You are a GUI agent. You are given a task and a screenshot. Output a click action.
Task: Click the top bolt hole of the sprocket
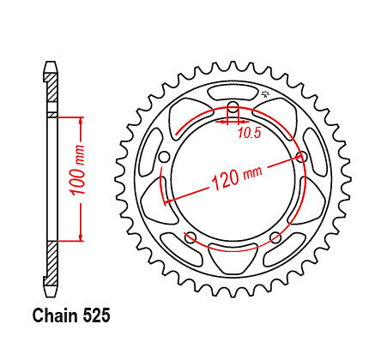(233, 106)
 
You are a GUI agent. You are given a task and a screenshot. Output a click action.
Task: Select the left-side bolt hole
(164, 157)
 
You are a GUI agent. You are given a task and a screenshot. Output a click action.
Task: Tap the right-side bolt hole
(301, 157)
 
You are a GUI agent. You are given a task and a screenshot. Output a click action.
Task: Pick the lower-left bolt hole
(190, 237)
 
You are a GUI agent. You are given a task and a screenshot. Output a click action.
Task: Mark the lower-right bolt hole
(275, 237)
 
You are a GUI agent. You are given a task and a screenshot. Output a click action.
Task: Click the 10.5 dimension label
(250, 133)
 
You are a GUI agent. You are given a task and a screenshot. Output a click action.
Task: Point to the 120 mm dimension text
(236, 178)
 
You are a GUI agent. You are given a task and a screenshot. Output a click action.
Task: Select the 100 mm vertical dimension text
(78, 170)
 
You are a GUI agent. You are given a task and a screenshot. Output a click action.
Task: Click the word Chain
(55, 315)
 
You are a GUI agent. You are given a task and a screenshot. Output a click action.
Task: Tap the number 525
(96, 315)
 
